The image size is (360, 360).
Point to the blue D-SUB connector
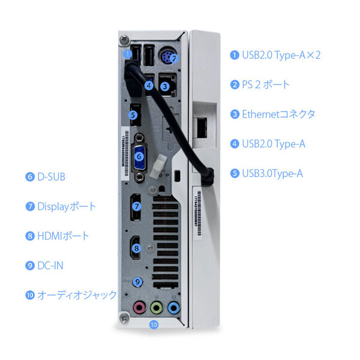[x=139, y=158]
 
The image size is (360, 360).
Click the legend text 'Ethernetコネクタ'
[x=278, y=114]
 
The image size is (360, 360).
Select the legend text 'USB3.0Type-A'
[x=272, y=174]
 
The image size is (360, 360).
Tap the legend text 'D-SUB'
[x=51, y=177]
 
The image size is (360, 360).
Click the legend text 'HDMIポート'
[x=63, y=236]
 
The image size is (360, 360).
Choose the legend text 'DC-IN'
[x=50, y=265]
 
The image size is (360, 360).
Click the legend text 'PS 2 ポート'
[x=266, y=84]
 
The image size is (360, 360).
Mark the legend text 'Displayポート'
[x=67, y=206]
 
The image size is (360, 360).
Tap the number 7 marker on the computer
[x=137, y=206]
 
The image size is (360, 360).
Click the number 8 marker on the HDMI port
[x=137, y=247]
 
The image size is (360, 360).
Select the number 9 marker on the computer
[x=137, y=280]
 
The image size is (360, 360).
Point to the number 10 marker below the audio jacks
[x=154, y=325]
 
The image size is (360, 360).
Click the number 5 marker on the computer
[x=134, y=114]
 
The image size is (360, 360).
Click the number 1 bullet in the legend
[x=235, y=55]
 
